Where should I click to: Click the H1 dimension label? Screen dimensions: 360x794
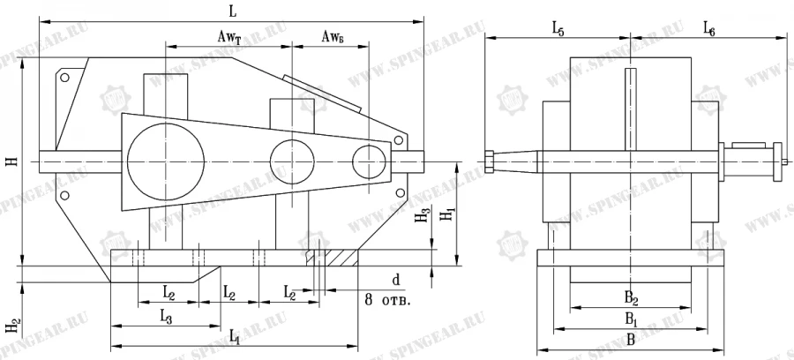coord(448,214)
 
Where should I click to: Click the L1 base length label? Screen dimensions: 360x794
coord(233,336)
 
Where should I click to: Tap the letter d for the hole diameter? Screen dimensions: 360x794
coord(396,280)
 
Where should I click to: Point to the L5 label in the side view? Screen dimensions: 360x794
coord(558,29)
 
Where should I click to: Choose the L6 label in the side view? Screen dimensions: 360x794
coord(708,29)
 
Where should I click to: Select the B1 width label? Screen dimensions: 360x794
coord(631,317)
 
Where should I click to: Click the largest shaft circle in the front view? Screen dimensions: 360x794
coord(166,161)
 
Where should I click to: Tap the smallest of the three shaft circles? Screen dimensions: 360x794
coord(369,162)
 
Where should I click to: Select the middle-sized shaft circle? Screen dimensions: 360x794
coord(292,162)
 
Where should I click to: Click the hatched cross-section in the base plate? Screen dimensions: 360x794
coord(333,259)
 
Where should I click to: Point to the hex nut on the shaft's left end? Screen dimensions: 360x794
coord(491,161)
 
